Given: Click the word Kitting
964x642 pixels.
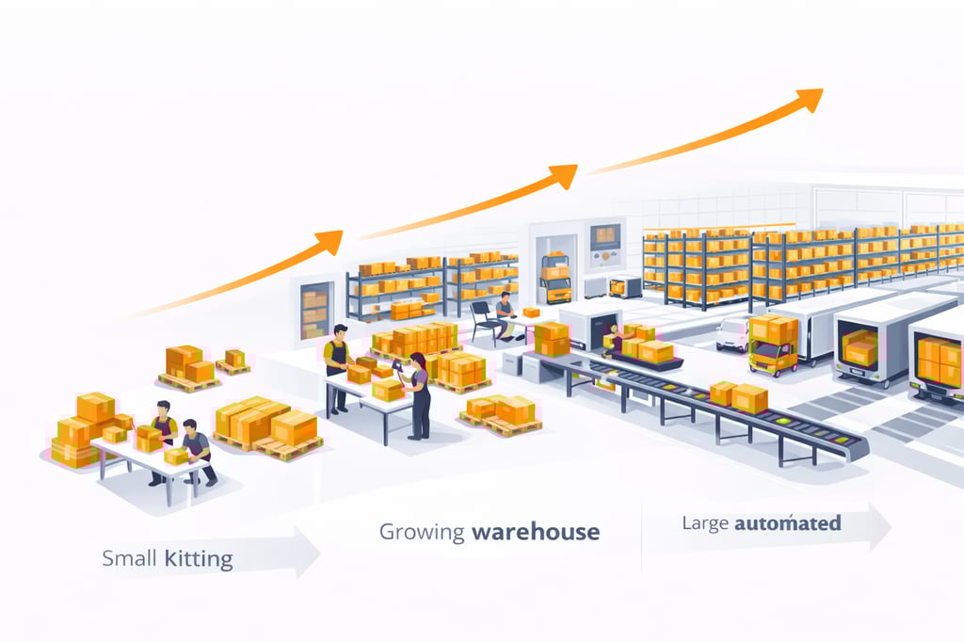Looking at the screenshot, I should pyautogui.click(x=199, y=559).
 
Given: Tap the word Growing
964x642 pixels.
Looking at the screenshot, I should pyautogui.click(x=422, y=532).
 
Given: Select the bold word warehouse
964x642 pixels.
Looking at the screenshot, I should pyautogui.click(x=536, y=532).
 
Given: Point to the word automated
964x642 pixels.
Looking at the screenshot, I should pyautogui.click(x=788, y=522).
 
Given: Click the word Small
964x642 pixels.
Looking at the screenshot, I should pyautogui.click(x=129, y=559).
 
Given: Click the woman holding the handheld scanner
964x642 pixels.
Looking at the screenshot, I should pyautogui.click(x=416, y=395).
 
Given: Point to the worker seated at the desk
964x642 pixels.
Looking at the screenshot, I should pyautogui.click(x=506, y=314).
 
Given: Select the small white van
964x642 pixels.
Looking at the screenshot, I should pyautogui.click(x=731, y=333).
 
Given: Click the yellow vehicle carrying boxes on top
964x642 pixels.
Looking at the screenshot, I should pyautogui.click(x=772, y=345).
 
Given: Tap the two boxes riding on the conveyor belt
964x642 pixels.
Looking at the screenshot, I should pyautogui.click(x=737, y=395).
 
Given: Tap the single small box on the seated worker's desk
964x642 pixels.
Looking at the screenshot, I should pyautogui.click(x=531, y=312).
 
